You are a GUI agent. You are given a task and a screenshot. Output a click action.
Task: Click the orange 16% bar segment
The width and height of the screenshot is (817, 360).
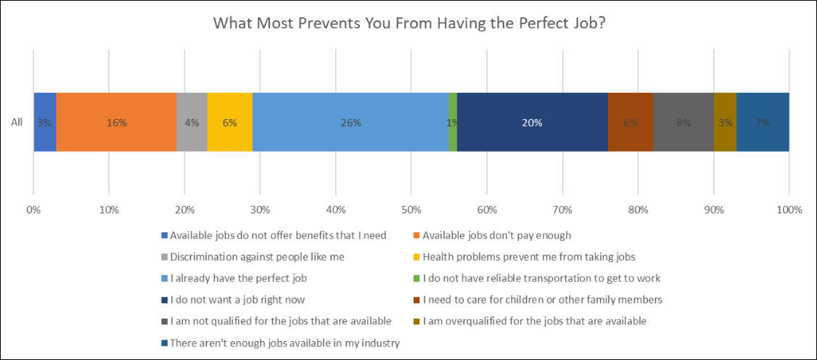point(116,123)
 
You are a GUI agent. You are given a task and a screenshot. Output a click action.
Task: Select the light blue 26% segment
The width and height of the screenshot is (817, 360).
point(350,123)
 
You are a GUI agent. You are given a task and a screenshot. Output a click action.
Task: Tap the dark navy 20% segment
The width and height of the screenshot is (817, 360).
point(532,123)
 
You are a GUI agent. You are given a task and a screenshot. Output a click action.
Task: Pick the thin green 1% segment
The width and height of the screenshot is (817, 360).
point(453,123)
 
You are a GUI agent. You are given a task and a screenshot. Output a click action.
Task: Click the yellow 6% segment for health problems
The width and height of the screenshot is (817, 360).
point(229,123)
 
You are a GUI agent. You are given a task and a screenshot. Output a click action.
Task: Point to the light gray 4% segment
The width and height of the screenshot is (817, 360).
point(192,123)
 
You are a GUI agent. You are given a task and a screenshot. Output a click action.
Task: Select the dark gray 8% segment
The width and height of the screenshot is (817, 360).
point(683,123)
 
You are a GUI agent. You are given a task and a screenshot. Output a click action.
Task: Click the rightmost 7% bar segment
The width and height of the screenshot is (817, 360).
point(763,123)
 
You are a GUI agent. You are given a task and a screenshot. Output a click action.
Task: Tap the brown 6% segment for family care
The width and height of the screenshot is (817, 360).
point(630,123)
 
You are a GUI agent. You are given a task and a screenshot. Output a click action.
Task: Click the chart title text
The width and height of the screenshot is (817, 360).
point(409,22)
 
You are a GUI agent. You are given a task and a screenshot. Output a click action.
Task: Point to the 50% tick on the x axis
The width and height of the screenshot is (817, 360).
point(411,210)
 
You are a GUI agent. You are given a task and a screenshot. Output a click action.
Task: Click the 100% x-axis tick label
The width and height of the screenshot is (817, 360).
point(789,210)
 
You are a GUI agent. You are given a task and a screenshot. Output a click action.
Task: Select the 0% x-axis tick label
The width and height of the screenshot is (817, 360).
point(33,210)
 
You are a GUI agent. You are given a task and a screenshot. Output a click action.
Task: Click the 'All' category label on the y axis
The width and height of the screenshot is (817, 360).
point(17,123)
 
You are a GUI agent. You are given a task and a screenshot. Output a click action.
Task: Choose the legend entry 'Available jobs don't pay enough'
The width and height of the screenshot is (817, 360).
point(496,235)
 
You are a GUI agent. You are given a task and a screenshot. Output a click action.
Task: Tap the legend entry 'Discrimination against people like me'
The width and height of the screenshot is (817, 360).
point(257,256)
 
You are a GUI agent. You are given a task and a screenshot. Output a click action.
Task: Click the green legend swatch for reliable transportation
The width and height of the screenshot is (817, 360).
point(417,278)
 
